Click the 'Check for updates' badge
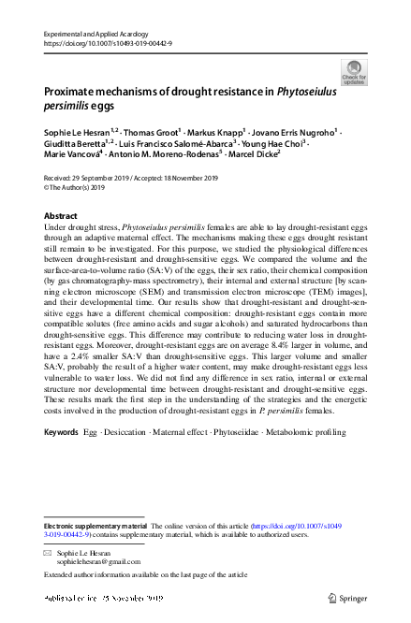coord(354,72)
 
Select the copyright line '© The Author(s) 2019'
coord(82,186)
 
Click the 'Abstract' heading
coord(61,215)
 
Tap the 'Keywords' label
coord(62,434)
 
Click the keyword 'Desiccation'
coord(130,434)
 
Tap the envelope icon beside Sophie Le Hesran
coord(49,554)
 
